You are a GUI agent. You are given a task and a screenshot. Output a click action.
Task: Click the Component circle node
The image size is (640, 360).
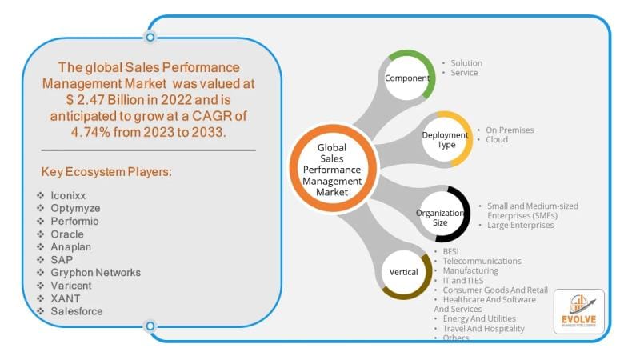(406, 78)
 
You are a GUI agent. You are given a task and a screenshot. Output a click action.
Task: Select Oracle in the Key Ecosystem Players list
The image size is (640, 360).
(68, 234)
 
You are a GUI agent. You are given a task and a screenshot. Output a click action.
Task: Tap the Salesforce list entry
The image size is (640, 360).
(77, 310)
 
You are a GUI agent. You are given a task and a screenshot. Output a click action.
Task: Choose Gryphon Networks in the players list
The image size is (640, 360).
(94, 272)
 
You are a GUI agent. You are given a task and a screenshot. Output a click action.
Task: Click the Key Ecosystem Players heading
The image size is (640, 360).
(108, 172)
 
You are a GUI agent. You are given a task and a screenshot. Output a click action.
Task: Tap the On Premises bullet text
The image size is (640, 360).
(509, 130)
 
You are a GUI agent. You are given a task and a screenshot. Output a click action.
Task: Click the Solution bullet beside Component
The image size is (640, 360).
(466, 63)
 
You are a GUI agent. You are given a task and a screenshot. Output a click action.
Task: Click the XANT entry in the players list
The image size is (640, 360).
(65, 298)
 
